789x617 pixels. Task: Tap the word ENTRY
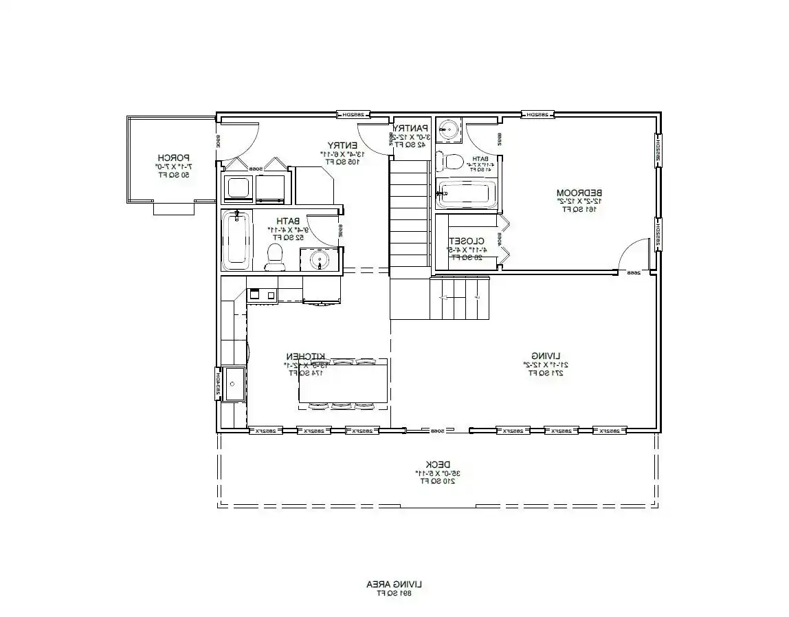[341, 145]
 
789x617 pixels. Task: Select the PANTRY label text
[410, 128]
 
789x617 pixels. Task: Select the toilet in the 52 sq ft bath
[276, 255]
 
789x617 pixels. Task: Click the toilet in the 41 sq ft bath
[452, 162]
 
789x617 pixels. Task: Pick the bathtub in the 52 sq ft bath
[236, 240]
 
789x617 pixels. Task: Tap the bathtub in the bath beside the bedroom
[465, 195]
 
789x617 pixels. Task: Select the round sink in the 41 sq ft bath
[450, 129]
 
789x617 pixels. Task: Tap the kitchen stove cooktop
[261, 294]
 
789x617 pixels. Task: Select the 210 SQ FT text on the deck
[436, 481]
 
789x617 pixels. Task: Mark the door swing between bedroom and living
[635, 256]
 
